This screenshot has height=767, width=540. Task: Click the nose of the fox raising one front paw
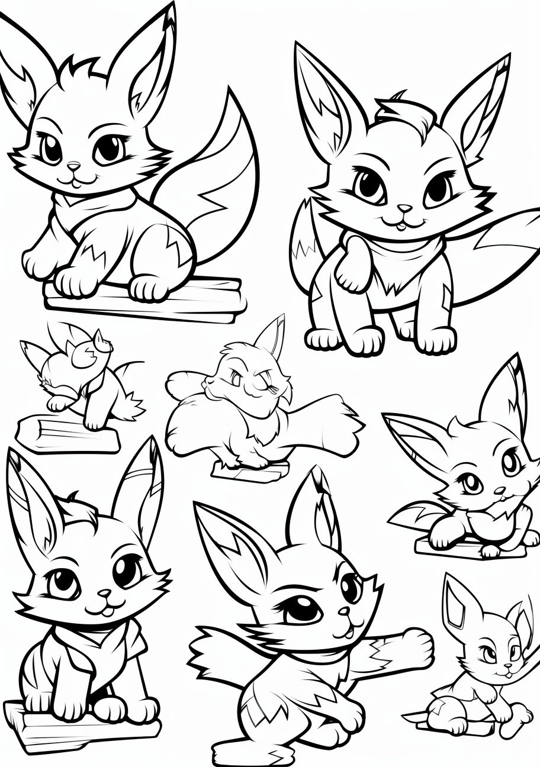404,209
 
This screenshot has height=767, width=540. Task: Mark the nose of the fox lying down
499,490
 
